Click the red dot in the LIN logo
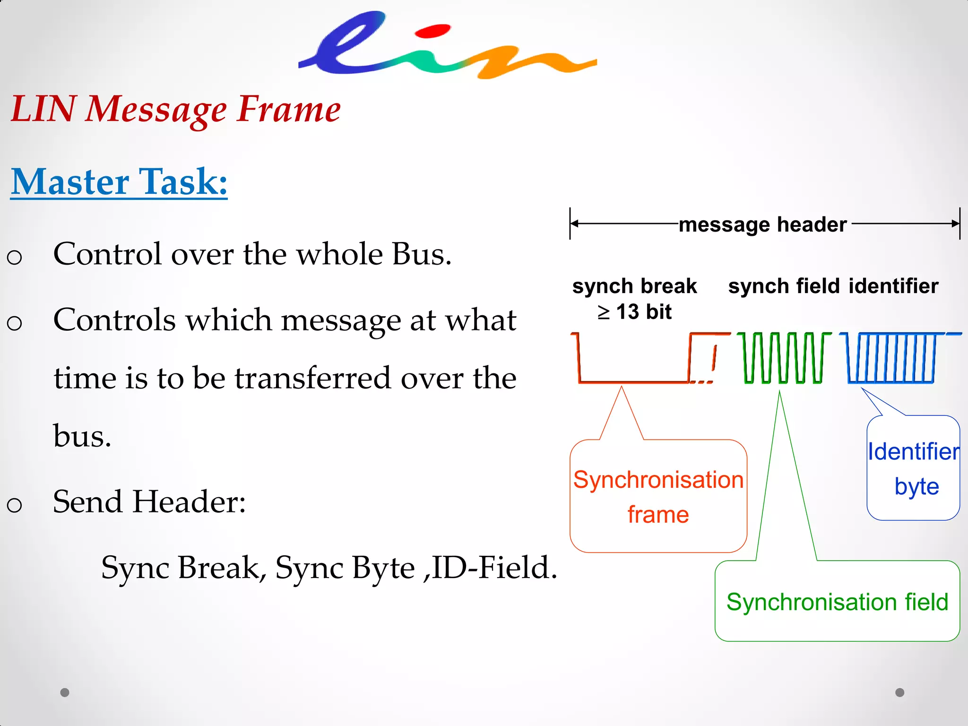coord(432,31)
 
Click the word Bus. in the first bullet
coord(422,254)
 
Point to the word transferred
coord(313,378)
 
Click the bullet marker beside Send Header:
coord(15,505)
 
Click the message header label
coord(762,224)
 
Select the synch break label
coord(634,286)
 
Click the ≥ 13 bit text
coord(634,312)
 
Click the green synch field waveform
coord(784,358)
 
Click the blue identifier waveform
coord(890,358)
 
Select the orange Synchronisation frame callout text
coord(658,496)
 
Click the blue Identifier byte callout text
coord(914,468)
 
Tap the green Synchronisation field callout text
coord(837,602)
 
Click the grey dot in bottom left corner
coord(65,692)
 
